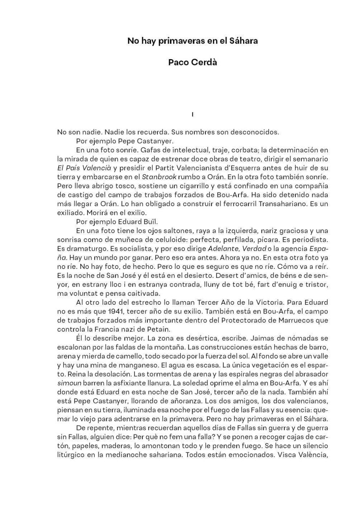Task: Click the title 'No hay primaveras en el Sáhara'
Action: click(192, 41)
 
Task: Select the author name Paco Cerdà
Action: click(192, 62)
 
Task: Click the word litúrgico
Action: click(72, 454)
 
